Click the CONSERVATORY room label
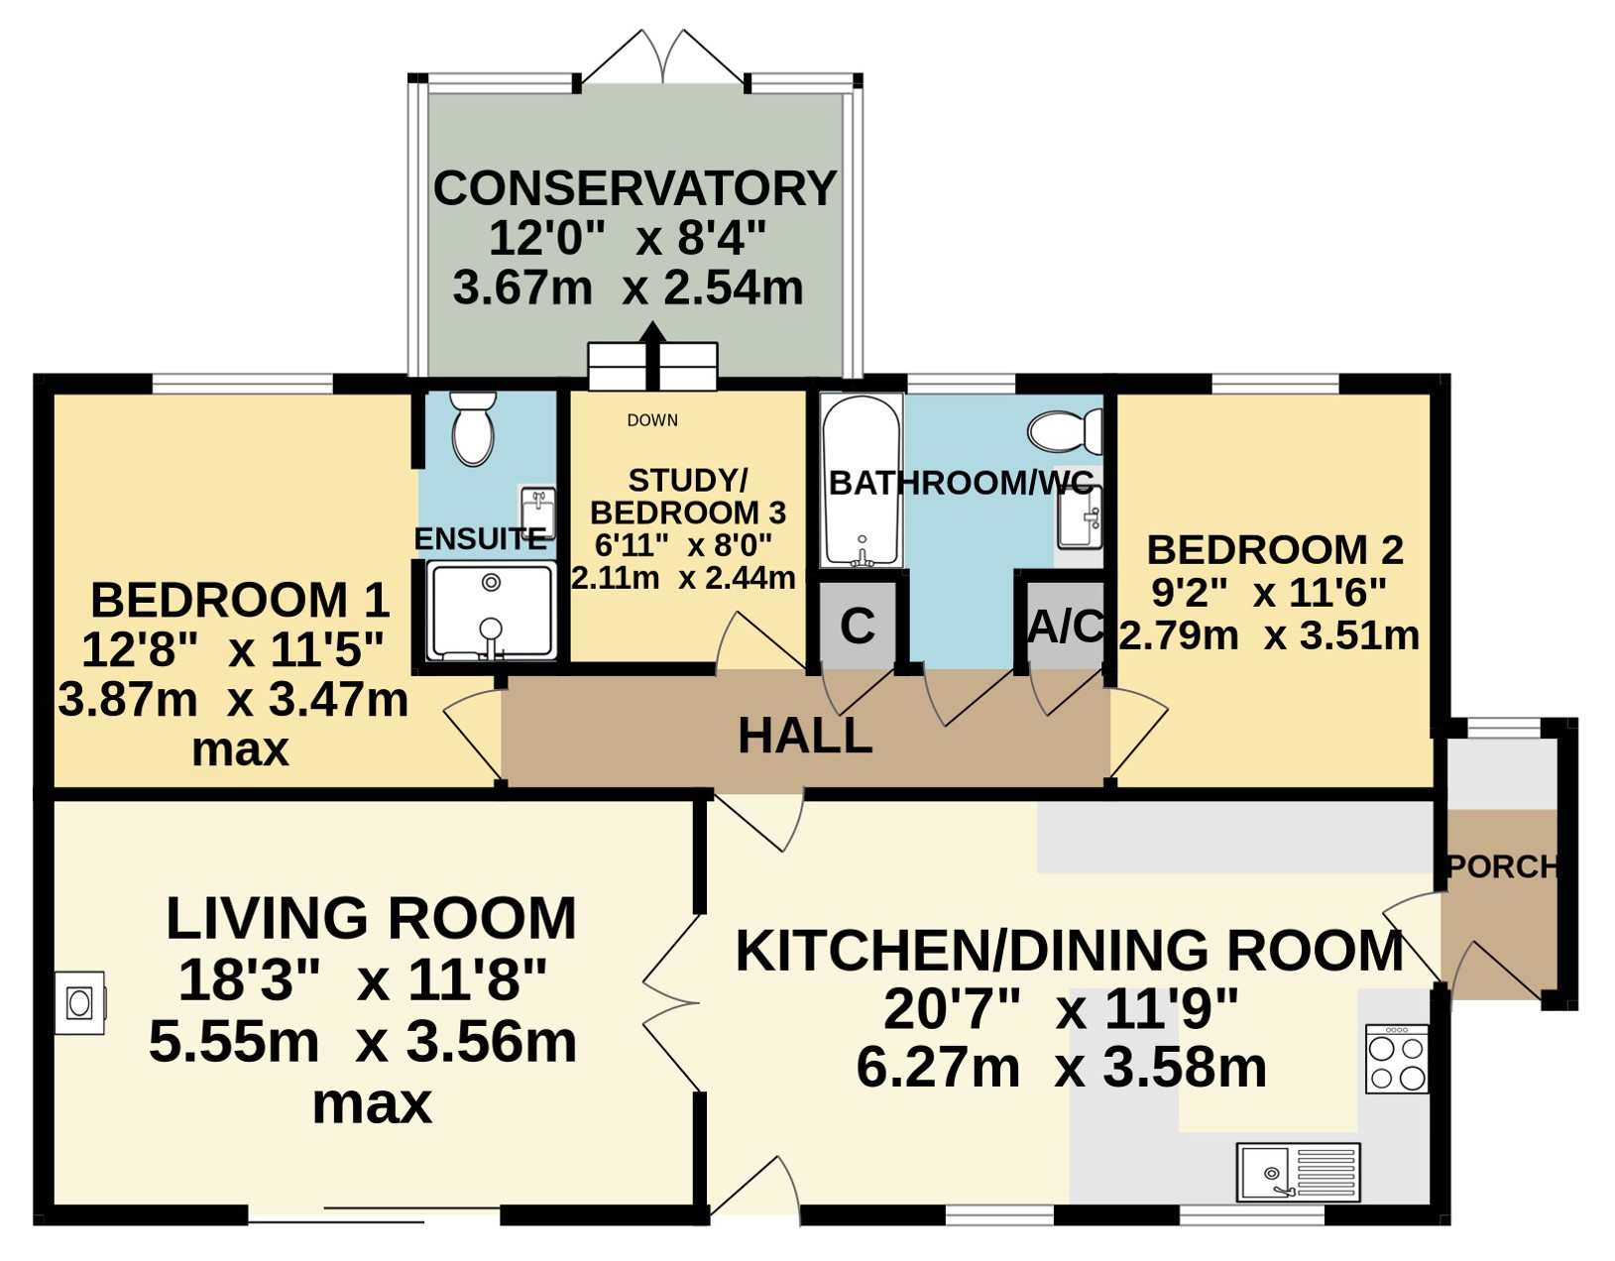pos(634,188)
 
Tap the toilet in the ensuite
pos(473,428)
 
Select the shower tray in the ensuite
pos(492,611)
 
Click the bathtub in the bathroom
pos(862,480)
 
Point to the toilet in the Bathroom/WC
pos(1065,430)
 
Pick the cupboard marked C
pos(858,626)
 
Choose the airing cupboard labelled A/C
pos(1065,626)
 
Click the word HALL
pos(805,737)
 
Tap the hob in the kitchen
pos(1397,1059)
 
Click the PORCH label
pos(1502,866)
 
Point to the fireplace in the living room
pos(80,1003)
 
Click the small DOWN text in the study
pos(652,420)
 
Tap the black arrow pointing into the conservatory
pos(652,355)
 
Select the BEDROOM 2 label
pos(1275,550)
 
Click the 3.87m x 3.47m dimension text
pos(233,700)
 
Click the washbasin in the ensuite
pos(538,513)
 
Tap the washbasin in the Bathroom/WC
pos(1080,517)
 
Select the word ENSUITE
pos(480,539)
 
